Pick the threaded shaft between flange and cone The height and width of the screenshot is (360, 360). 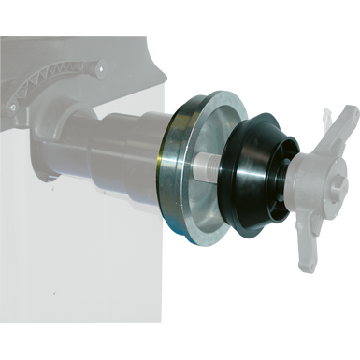(209, 168)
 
